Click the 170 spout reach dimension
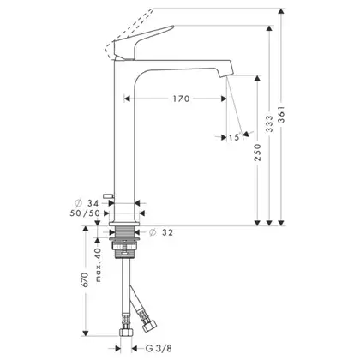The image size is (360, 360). (x=181, y=99)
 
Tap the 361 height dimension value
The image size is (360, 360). (x=282, y=114)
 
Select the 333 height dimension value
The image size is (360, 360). (x=269, y=123)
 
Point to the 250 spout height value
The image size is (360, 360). (x=258, y=152)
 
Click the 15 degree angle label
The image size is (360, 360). (x=234, y=137)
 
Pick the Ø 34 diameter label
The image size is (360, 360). (x=87, y=203)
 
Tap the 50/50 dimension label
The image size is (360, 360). (x=85, y=213)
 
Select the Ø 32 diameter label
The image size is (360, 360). (x=161, y=232)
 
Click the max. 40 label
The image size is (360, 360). (x=98, y=265)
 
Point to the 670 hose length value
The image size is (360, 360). (x=86, y=279)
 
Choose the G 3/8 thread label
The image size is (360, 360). (x=159, y=348)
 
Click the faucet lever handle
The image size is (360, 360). (x=143, y=43)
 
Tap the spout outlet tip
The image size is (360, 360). (x=225, y=74)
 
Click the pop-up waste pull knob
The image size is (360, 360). (x=108, y=195)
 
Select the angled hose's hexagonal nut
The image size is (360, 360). (x=149, y=326)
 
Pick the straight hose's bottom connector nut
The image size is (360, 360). (x=126, y=332)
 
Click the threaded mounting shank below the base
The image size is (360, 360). (x=124, y=231)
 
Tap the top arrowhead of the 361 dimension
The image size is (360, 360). (x=282, y=12)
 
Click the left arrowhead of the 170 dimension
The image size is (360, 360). (x=128, y=99)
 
